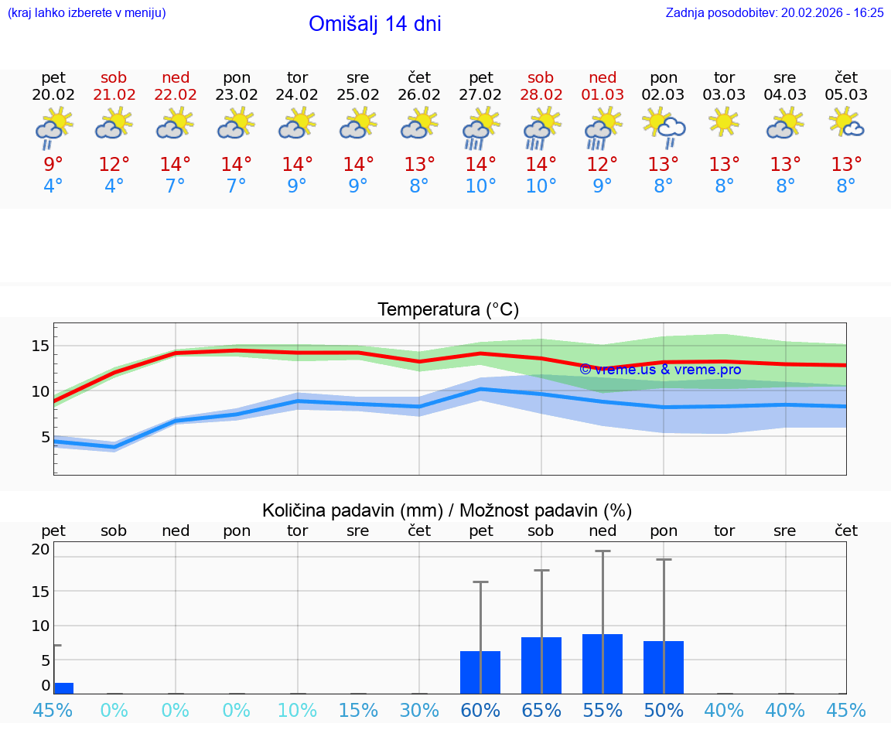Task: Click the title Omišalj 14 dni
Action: (x=374, y=24)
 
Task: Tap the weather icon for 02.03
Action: (x=663, y=127)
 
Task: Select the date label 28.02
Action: (x=541, y=95)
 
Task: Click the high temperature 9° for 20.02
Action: (x=53, y=165)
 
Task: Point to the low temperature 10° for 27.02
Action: (x=480, y=186)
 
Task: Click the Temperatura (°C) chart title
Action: (x=448, y=310)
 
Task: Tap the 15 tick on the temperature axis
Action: (x=40, y=346)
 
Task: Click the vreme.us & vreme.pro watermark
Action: (x=660, y=370)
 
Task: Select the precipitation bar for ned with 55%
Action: (x=603, y=664)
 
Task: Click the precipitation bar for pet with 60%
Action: (x=480, y=672)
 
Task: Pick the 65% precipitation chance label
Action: (x=541, y=711)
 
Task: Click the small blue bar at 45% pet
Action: (x=63, y=688)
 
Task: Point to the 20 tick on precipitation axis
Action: (x=40, y=550)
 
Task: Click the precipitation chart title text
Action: (x=446, y=510)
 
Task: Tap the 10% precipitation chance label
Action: (x=297, y=711)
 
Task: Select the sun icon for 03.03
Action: (x=724, y=122)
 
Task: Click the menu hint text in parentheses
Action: (x=86, y=12)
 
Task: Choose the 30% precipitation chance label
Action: (x=419, y=711)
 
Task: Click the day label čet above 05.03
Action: (x=846, y=77)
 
